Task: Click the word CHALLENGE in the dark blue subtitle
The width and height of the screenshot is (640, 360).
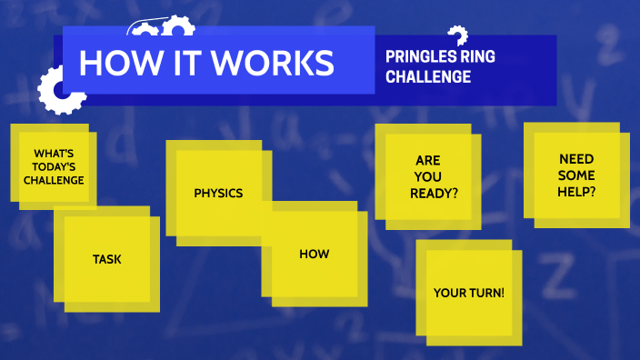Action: point(428,77)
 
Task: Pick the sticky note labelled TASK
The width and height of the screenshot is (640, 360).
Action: point(106,259)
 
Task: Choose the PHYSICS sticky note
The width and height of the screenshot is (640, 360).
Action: point(218,193)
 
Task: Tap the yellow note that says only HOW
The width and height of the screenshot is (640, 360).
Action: point(314,254)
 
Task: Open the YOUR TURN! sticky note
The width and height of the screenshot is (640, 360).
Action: point(468,293)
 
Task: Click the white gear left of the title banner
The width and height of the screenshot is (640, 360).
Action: point(56,91)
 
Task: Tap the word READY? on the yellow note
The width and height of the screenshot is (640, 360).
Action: point(433,193)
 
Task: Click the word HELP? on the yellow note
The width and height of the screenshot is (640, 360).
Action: point(577,191)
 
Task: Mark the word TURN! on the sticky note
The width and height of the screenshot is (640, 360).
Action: point(486,293)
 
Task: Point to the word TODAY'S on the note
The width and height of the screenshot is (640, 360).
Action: point(54,166)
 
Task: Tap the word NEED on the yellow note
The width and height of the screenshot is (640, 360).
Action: point(576,158)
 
